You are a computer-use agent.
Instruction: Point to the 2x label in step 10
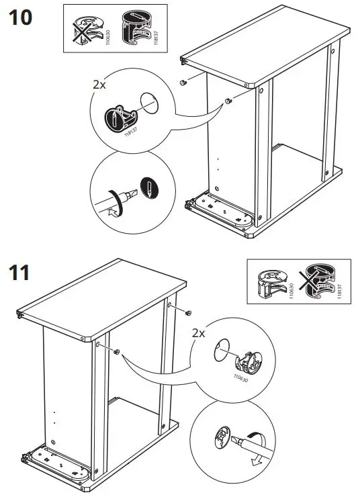[x=99, y=85]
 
